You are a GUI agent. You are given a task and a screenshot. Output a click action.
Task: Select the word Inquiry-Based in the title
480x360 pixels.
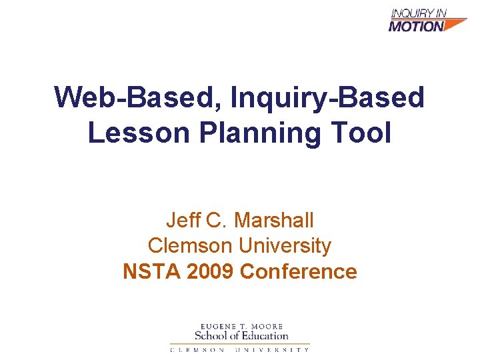pos(327,97)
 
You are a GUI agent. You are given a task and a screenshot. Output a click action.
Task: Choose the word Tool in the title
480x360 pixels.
pos(363,133)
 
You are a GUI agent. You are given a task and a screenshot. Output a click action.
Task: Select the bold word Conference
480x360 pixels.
pos(298,272)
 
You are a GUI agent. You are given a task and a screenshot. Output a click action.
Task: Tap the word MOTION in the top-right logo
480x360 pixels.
pos(415,27)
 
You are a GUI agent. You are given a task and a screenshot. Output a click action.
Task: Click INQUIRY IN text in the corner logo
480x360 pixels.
pos(419,13)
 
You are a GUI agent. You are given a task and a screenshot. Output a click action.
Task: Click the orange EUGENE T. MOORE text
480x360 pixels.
pos(241,325)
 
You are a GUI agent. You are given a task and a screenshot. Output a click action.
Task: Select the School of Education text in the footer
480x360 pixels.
pos(241,335)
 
